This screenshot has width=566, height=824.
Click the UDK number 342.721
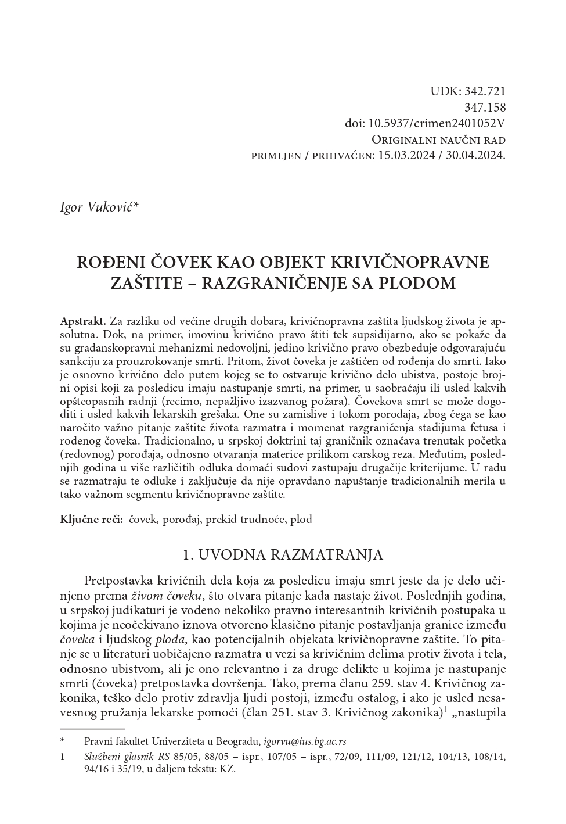point(485,91)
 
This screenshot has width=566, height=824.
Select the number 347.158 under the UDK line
point(485,108)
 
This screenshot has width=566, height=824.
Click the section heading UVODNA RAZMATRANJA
point(290,554)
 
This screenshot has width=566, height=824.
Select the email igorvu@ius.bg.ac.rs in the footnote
point(305,741)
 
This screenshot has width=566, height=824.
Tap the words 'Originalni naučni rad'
point(438,140)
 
